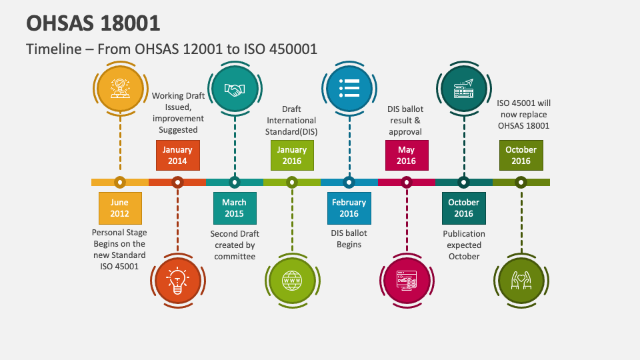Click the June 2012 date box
click(x=120, y=208)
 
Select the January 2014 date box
click(x=177, y=155)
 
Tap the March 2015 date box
click(x=235, y=208)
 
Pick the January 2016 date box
click(x=292, y=155)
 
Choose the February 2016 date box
click(x=349, y=208)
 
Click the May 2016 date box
click(x=407, y=155)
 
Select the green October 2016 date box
click(x=521, y=155)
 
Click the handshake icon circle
click(x=235, y=89)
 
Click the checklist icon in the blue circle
click(x=349, y=89)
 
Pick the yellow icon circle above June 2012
click(x=120, y=89)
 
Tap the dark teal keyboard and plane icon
click(x=463, y=89)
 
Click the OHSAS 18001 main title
click(x=93, y=23)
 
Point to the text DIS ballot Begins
click(x=349, y=239)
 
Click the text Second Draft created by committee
click(x=235, y=245)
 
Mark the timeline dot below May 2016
click(x=407, y=181)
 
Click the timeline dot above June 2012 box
click(x=120, y=181)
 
